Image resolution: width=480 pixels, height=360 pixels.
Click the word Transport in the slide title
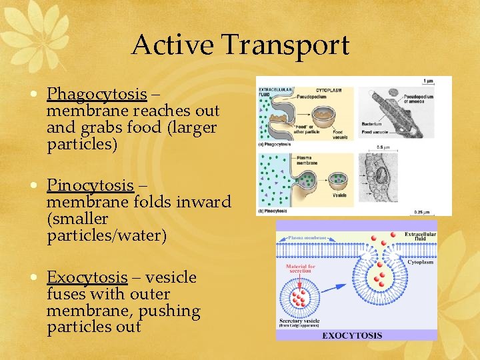tap(286, 45)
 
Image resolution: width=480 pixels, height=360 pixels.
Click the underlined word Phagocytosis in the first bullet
tap(97, 93)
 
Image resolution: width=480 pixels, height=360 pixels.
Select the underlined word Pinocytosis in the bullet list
tap(91, 185)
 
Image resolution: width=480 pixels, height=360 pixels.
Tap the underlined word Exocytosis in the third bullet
tap(87, 277)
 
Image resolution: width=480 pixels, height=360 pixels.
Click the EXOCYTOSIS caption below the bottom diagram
tap(353, 335)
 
